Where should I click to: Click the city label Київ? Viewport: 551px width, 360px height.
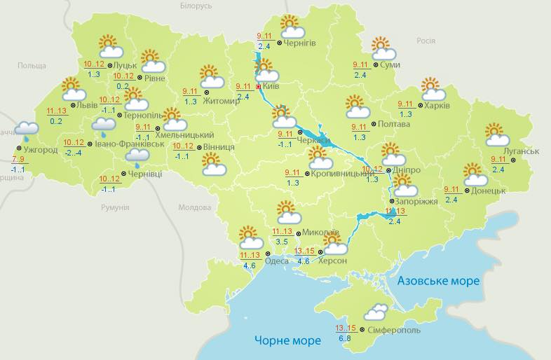[271, 88]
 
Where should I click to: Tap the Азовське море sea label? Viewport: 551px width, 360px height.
[439, 281]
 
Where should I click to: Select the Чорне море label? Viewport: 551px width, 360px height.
[287, 340]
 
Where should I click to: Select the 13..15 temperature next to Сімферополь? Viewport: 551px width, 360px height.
[346, 328]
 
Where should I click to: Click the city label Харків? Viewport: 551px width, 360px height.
[437, 106]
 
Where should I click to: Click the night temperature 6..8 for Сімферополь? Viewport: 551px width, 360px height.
[345, 339]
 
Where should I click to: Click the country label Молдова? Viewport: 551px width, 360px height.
[194, 208]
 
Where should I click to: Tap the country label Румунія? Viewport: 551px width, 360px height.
[115, 208]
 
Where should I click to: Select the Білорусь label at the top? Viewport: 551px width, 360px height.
[196, 6]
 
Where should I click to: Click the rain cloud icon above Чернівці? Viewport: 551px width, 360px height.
[136, 158]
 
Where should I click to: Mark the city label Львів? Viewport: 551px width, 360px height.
[87, 106]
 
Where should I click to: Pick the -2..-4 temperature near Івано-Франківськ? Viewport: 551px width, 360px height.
[73, 153]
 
